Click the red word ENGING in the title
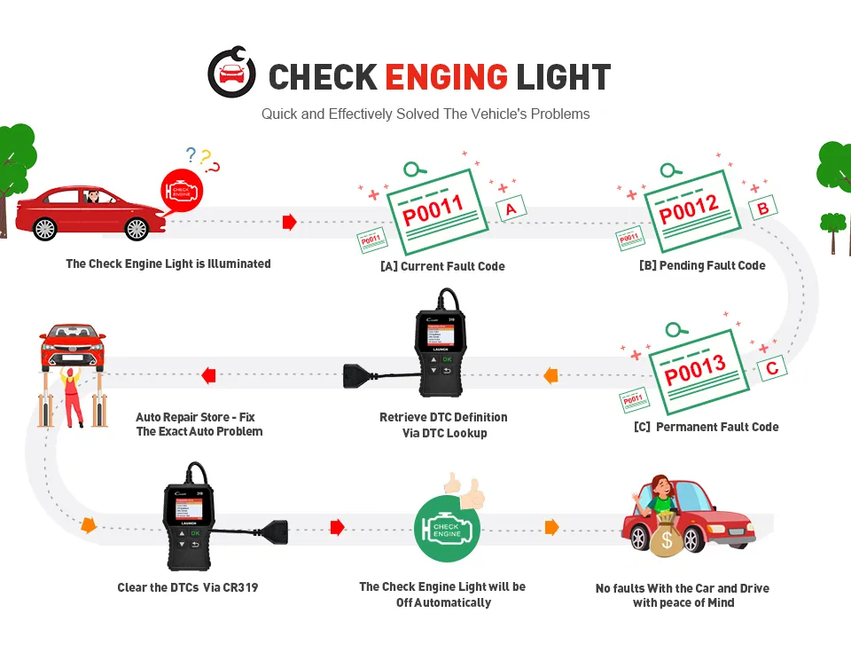coord(447,77)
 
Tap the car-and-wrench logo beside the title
coord(231,74)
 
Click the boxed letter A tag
coord(510,208)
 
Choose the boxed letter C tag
coord(771,366)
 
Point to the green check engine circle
coord(446,529)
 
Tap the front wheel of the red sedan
coord(137,228)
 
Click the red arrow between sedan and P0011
coord(289,223)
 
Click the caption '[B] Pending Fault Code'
coord(701,265)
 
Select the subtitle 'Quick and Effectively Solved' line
coord(425,114)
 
